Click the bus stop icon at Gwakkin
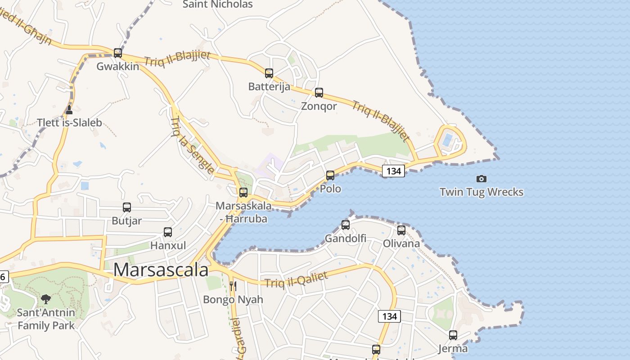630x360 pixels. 118,53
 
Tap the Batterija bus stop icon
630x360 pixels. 269,73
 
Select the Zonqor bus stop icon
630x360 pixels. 319,93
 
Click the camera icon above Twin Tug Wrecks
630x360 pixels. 481,179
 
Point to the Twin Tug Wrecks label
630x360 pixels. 481,192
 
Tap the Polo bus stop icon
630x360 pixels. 330,175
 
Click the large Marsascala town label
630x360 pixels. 161,270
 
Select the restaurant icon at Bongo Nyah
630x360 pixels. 233,286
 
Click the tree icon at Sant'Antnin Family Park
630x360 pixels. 46,299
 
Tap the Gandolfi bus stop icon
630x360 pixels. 346,225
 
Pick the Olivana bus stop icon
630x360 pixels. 401,230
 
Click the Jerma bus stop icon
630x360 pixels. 453,335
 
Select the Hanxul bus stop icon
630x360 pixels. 168,232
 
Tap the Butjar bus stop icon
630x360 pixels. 127,207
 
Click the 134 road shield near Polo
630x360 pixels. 393,171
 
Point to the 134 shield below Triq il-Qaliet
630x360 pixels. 389,316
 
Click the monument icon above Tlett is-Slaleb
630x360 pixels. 69,109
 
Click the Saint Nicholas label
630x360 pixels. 218,4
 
